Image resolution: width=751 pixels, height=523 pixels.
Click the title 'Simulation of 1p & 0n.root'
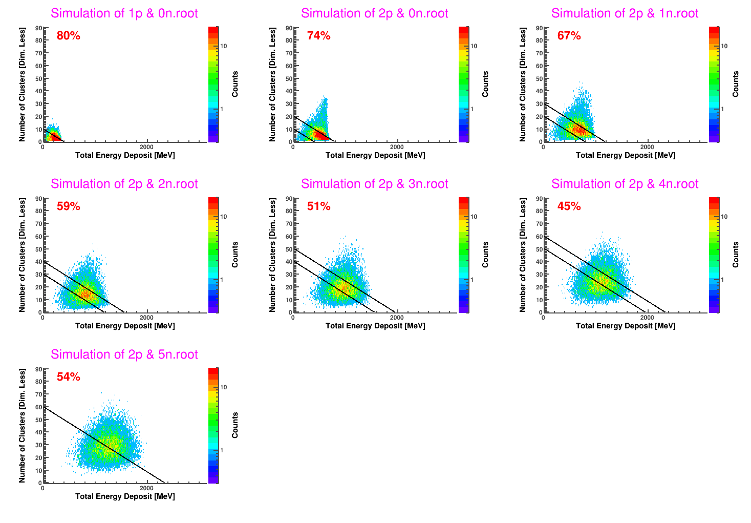(x=124, y=13)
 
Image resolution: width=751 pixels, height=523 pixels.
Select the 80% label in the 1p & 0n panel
(x=69, y=35)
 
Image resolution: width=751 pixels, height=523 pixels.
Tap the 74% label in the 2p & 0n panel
(x=318, y=35)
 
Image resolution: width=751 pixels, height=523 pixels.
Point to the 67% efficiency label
(x=569, y=35)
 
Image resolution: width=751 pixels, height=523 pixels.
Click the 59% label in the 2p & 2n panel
(x=69, y=206)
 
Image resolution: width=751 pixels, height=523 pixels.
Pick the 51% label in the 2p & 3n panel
(x=318, y=206)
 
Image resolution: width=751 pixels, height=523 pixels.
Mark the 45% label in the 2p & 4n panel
(x=569, y=206)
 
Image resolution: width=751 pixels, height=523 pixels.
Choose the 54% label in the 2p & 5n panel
(x=69, y=376)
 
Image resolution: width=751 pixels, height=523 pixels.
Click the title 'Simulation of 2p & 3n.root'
(x=375, y=184)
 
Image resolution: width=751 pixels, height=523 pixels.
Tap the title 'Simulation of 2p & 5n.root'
(x=124, y=354)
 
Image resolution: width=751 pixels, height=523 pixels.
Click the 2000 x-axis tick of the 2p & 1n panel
(x=647, y=147)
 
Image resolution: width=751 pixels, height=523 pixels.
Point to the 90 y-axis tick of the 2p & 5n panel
(x=39, y=369)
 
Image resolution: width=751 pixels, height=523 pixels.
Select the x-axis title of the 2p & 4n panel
(x=626, y=326)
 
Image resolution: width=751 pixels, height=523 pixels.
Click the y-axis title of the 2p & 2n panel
(x=22, y=255)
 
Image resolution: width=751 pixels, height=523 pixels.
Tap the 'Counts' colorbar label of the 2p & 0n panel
(x=485, y=84)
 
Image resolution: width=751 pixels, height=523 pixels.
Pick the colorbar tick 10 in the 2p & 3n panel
(x=474, y=217)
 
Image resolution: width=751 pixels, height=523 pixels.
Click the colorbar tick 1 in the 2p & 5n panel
(x=221, y=450)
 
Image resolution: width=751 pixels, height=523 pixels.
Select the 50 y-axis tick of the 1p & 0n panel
(x=39, y=78)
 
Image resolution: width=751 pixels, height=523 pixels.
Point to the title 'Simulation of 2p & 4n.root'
(x=625, y=184)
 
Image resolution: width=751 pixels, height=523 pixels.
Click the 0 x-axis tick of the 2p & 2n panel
(x=42, y=318)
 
